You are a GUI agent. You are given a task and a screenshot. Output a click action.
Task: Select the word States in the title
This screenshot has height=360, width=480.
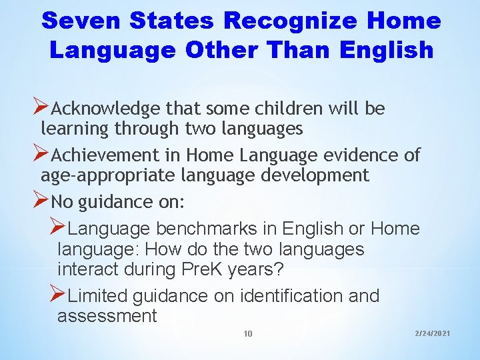[x=176, y=21]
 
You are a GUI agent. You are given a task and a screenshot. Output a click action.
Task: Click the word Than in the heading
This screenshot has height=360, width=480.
[x=299, y=50]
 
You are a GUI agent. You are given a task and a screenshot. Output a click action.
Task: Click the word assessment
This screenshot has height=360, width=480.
[x=107, y=315]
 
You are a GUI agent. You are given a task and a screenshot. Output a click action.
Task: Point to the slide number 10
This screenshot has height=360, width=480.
[x=248, y=333]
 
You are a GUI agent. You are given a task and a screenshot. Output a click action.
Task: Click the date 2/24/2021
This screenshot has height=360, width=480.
[x=432, y=332]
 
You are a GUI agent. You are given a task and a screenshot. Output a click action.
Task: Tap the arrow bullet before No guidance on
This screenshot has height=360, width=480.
[x=41, y=199]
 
